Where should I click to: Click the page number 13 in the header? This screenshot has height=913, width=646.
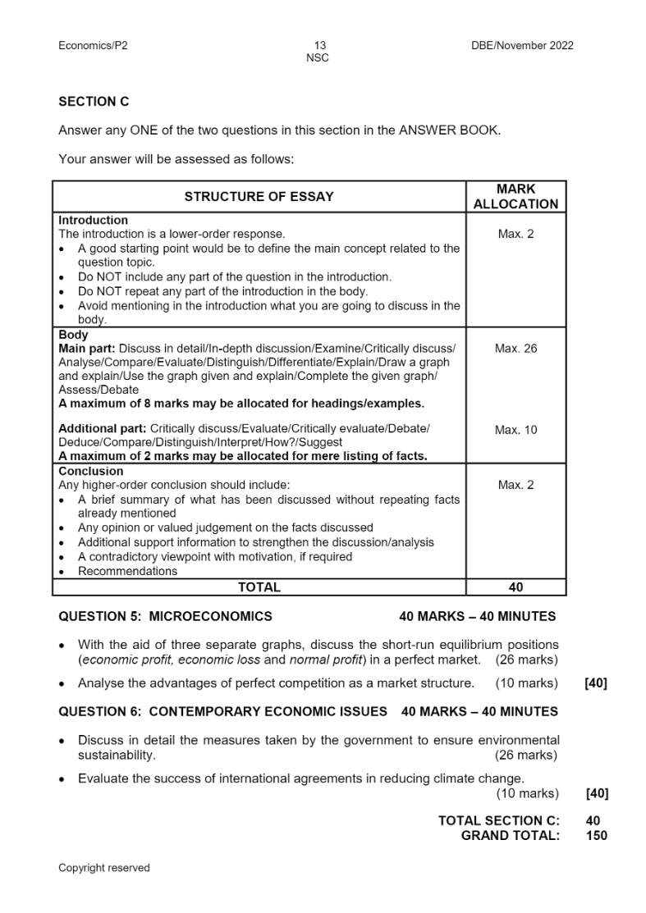point(319,45)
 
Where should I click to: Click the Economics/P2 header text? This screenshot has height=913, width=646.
point(93,45)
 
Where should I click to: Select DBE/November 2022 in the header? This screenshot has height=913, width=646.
point(517,45)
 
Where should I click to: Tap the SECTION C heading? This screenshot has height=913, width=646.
point(94,102)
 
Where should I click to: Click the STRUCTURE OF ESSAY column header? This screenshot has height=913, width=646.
point(259,197)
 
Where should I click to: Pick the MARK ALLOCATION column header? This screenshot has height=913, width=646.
point(515,197)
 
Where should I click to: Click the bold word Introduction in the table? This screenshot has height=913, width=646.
point(93,221)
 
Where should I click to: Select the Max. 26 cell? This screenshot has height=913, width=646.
point(515,349)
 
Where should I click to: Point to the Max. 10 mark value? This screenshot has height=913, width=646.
point(515,430)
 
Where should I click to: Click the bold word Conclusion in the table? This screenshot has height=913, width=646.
point(90,472)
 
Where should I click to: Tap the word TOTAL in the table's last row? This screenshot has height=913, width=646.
point(259,587)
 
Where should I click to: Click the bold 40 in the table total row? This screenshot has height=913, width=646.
point(515,587)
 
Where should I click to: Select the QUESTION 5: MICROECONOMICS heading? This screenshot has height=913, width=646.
point(165,616)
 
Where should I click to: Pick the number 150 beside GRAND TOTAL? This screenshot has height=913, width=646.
point(597,835)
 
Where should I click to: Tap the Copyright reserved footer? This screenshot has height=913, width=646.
point(103,867)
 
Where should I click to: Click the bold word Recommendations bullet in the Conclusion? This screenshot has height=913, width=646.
point(127,571)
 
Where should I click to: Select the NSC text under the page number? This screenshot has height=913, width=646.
point(318,57)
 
